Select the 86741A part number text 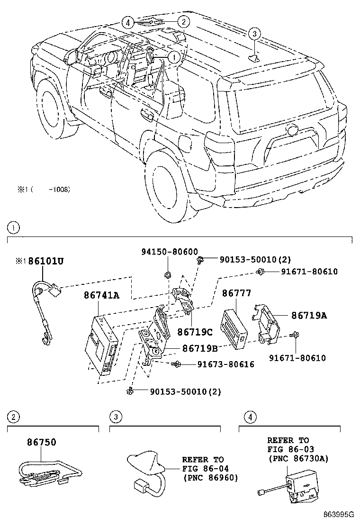102,296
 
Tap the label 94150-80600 169,252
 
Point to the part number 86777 237,294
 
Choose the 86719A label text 308,315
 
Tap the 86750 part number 41,442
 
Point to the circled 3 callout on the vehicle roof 254,33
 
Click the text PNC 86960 210,477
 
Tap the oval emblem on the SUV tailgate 290,130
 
